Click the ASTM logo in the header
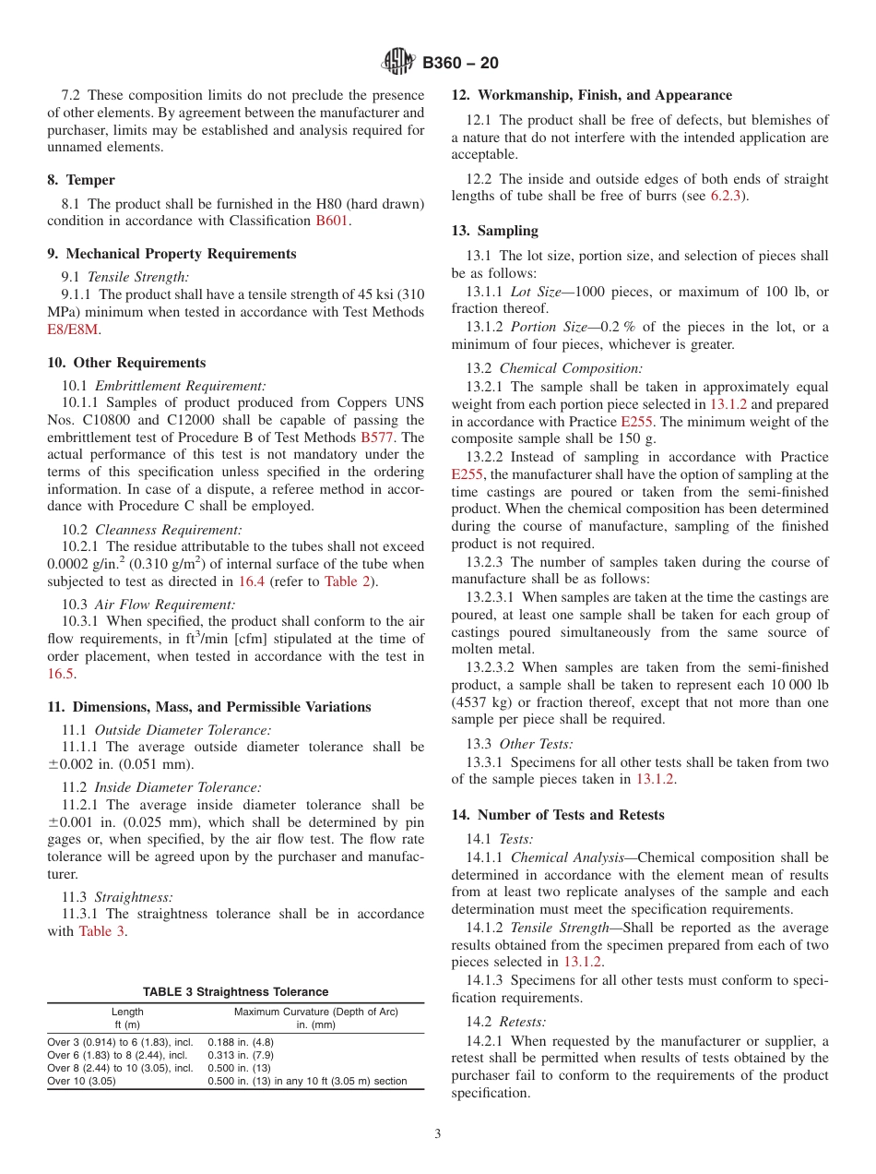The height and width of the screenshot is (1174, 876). tap(399, 63)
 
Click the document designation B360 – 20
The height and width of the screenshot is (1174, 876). tap(460, 63)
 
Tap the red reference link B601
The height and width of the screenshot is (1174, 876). tap(332, 221)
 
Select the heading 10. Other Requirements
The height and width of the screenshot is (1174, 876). tap(126, 363)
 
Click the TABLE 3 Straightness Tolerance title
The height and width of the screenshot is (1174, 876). tap(235, 991)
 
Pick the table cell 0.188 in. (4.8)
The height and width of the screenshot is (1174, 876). tap(241, 1041)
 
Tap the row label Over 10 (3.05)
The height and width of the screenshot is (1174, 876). tap(82, 1081)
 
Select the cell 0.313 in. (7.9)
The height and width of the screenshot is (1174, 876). tap(241, 1054)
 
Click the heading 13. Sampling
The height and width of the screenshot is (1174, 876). tap(495, 231)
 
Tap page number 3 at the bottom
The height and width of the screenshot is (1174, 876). tap(438, 1134)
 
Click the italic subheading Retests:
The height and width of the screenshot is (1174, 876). tap(523, 1022)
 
